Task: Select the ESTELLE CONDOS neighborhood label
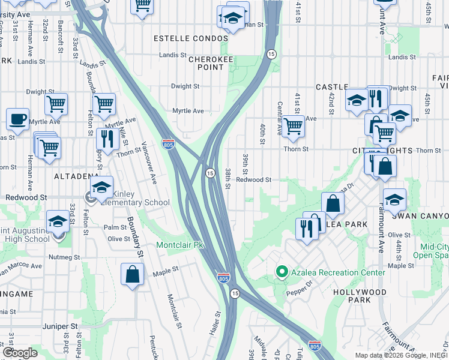(191, 38)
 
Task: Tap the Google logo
(20, 353)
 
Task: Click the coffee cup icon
(17, 118)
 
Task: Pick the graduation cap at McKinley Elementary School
(102, 186)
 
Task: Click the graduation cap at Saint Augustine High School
(58, 222)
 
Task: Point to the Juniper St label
(61, 327)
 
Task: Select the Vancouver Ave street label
(149, 162)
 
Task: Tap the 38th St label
(228, 178)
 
